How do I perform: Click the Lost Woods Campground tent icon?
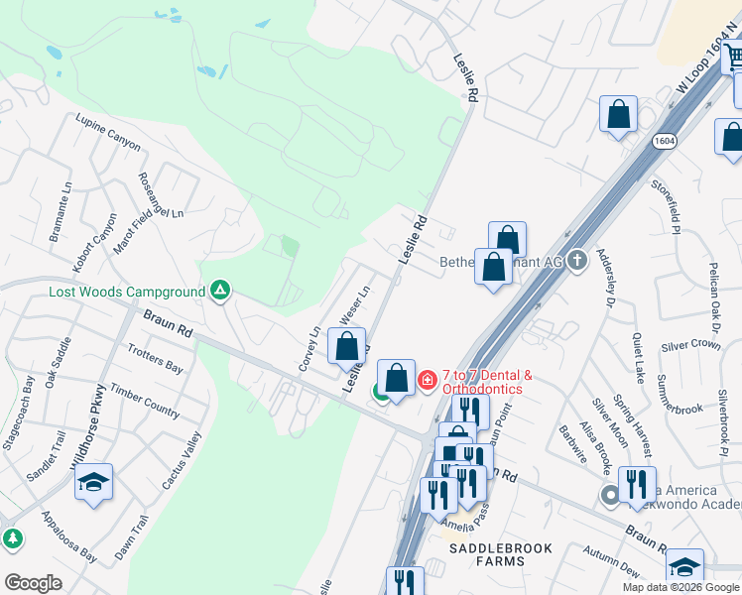pyautogui.click(x=221, y=292)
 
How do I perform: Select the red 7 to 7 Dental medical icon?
pyautogui.click(x=428, y=380)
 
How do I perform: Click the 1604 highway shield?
pyautogui.click(x=666, y=142)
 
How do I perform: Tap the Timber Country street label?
pyautogui.click(x=145, y=399)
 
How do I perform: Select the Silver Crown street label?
pyautogui.click(x=690, y=344)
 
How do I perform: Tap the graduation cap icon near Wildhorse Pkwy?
pyautogui.click(x=94, y=484)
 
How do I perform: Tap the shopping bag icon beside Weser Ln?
pyautogui.click(x=346, y=347)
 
